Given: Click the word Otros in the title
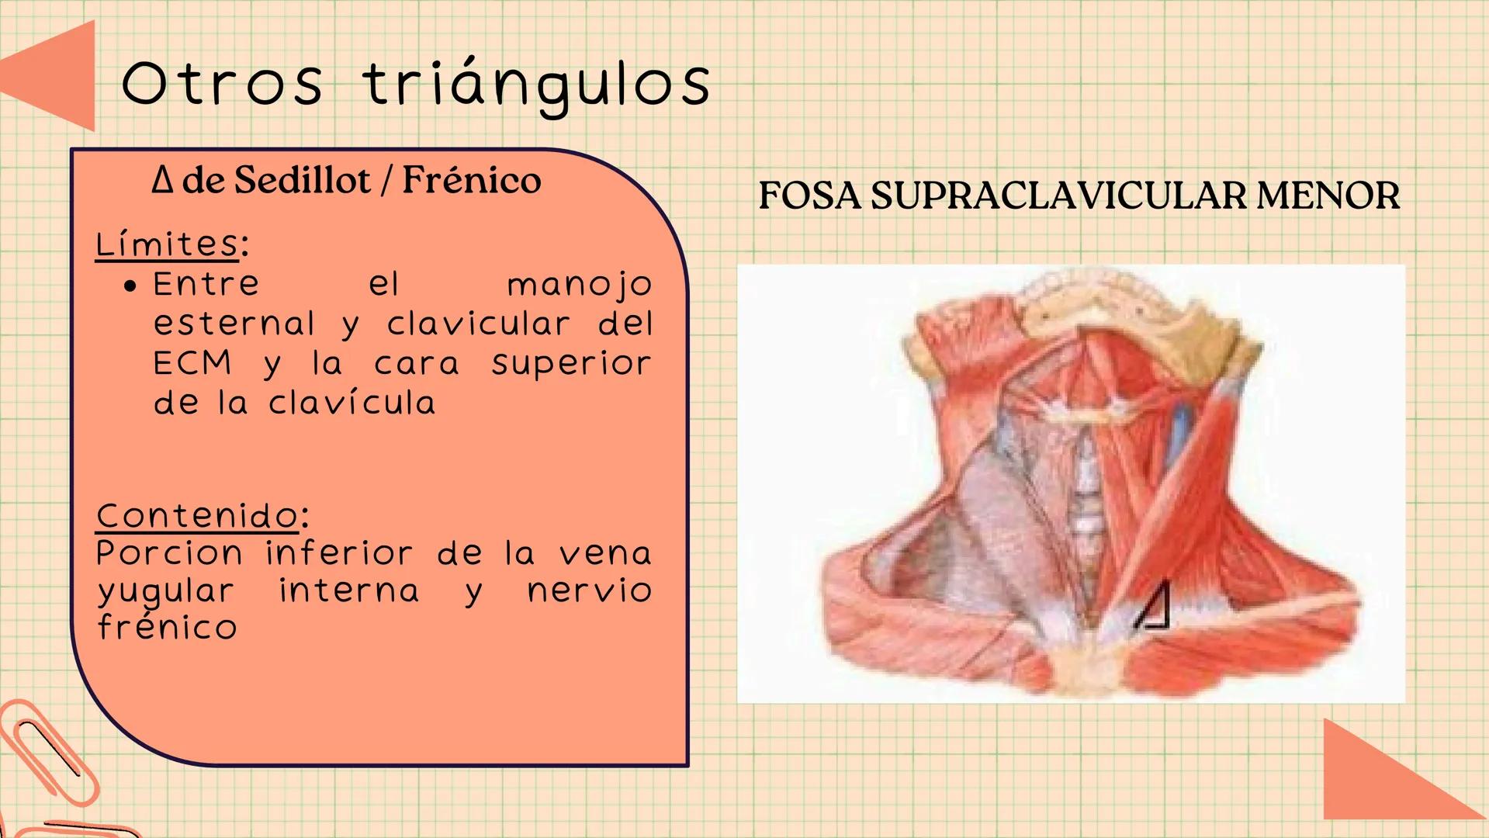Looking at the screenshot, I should pyautogui.click(x=222, y=83).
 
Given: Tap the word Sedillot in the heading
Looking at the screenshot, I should pyautogui.click(x=303, y=180).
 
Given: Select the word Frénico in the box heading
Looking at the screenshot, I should pyautogui.click(x=472, y=180).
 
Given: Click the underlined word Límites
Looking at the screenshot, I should pyautogui.click(x=167, y=244).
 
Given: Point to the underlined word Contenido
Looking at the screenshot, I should pyautogui.click(x=197, y=515).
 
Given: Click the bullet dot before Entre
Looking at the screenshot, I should pyautogui.click(x=130, y=286).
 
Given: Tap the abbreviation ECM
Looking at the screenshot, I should pyautogui.click(x=192, y=363).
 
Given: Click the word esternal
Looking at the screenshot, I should pyautogui.click(x=234, y=324).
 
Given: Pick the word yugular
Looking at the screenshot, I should pyautogui.click(x=165, y=591).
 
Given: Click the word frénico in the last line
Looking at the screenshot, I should pyautogui.click(x=167, y=627).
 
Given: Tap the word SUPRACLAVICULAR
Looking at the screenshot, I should pyautogui.click(x=1058, y=195).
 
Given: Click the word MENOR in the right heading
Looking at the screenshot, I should pyautogui.click(x=1328, y=195).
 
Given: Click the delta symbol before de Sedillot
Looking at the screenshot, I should pyautogui.click(x=161, y=180).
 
